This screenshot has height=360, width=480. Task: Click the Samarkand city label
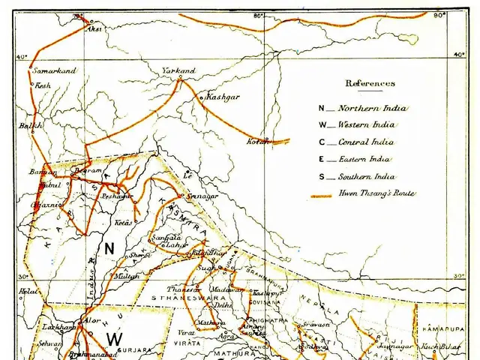[x=55, y=70]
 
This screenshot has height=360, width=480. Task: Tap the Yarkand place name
[x=178, y=70]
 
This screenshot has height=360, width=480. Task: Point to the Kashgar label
[x=223, y=97]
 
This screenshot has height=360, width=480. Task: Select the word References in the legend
[x=370, y=83]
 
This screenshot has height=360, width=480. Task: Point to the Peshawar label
[x=118, y=195]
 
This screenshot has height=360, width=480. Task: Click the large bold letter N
[x=109, y=247]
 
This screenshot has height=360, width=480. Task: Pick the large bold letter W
[x=113, y=339]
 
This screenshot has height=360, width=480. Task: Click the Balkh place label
[x=31, y=126]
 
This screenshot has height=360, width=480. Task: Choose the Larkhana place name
[x=58, y=328]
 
